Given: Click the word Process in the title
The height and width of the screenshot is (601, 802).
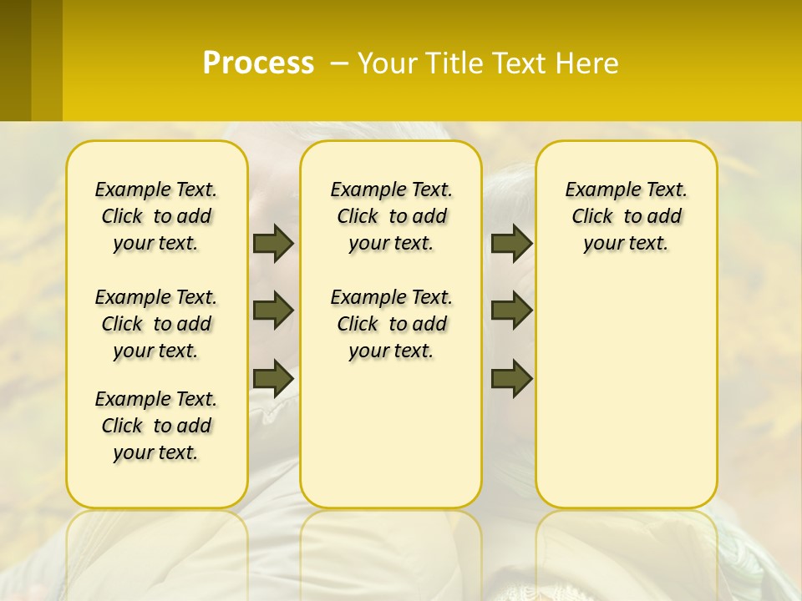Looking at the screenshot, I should tap(258, 63).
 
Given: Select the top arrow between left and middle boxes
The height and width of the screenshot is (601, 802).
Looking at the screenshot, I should tap(273, 243).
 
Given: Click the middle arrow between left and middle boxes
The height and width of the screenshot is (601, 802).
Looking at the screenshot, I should tap(273, 311).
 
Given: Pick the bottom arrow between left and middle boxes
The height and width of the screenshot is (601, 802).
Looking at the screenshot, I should tap(273, 378).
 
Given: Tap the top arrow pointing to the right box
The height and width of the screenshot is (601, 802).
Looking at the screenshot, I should tap(511, 243).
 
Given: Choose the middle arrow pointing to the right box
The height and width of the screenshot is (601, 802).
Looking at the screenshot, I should tap(511, 311).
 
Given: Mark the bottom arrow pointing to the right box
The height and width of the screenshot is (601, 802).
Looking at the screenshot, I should tap(511, 378).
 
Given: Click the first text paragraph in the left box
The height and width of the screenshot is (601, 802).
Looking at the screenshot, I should tap(156, 216).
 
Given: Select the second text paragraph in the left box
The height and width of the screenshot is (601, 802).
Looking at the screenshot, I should tap(156, 324).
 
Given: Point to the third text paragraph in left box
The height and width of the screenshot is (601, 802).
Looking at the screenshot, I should tap(156, 426).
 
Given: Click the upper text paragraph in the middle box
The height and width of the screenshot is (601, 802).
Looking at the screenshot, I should tap(391, 216).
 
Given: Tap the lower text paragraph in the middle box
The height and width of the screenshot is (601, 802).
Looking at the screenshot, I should tap(391, 324).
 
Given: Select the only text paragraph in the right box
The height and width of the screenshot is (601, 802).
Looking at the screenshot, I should tap(626, 216).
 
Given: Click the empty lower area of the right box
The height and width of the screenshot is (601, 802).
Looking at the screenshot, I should tap(626, 392).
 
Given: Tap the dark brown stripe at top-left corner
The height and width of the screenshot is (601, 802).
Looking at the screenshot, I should tap(15, 60).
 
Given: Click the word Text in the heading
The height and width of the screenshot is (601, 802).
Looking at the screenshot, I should tap(518, 63).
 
